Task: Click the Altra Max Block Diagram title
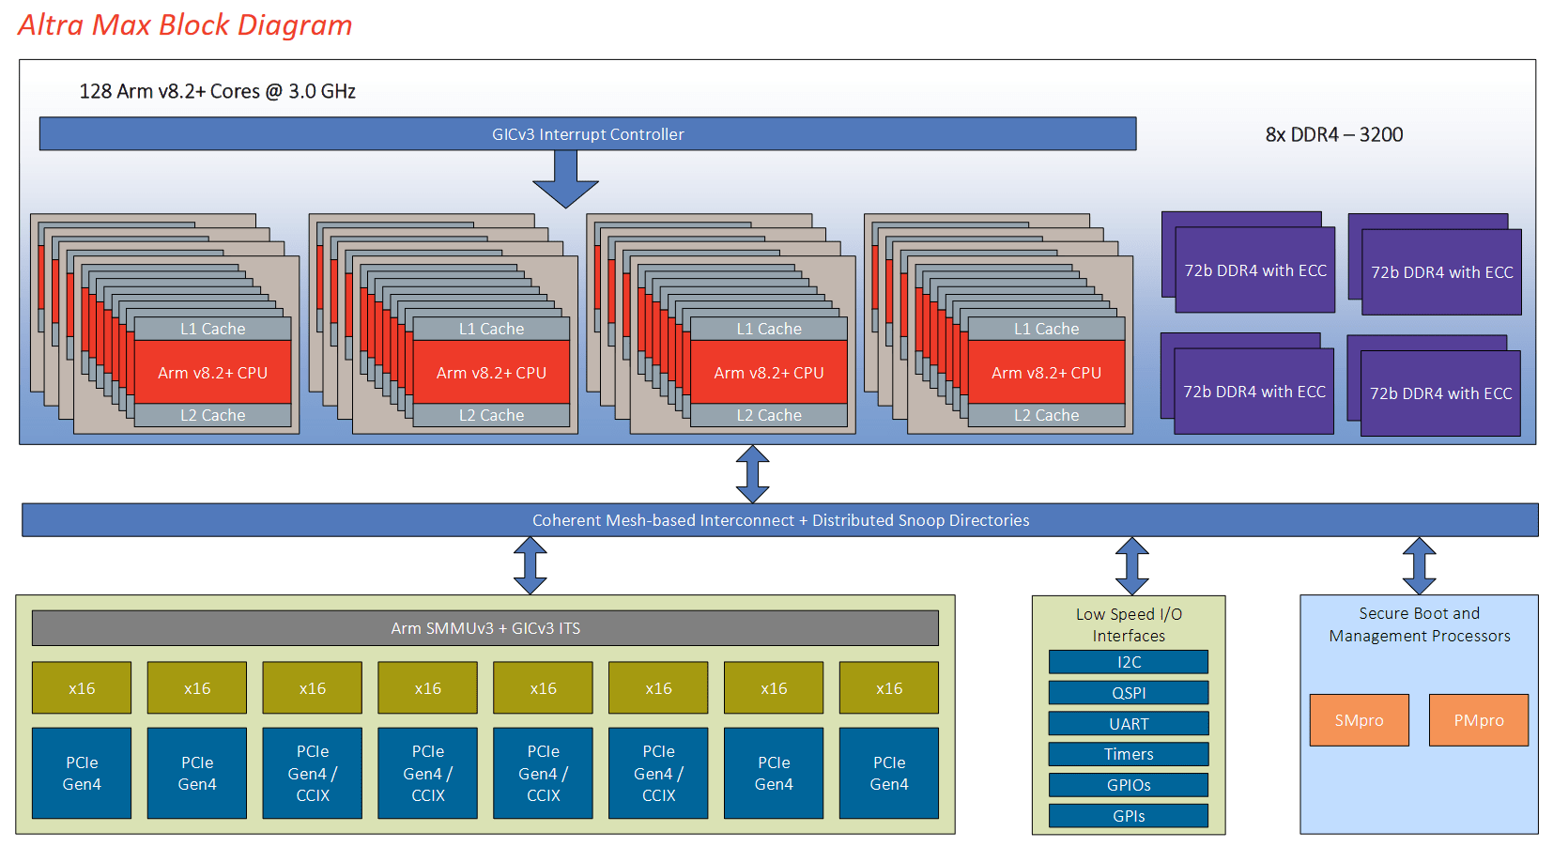185,25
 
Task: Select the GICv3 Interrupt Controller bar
588,133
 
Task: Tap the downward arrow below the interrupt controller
566,178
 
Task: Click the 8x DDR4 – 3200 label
1334,134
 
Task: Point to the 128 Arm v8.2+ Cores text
217,91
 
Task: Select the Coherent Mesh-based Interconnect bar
780,520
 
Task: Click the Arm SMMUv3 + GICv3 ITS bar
485,628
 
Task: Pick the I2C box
1129,662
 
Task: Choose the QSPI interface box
1129,692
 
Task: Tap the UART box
1129,724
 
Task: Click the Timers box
1129,754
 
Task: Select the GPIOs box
1129,785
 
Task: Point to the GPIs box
1129,816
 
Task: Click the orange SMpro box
1359,720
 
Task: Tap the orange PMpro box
1479,720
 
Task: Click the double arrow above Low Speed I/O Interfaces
1132,565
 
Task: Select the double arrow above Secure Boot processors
1419,565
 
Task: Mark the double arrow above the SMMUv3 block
530,565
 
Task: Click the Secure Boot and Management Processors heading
1419,624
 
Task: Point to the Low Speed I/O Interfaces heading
1129,625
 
